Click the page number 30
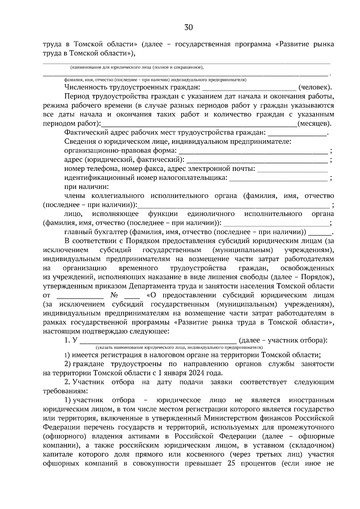pyautogui.click(x=188, y=28)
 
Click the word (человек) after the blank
pyautogui.click(x=315, y=88)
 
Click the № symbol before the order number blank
pyautogui.click(x=114, y=295)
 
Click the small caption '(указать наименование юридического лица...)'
pyautogui.click(x=179, y=347)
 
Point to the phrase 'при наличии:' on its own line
pyautogui.click(x=86, y=187)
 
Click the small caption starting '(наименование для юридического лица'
pyautogui.click(x=137, y=67)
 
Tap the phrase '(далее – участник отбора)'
pyautogui.click(x=283, y=340)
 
